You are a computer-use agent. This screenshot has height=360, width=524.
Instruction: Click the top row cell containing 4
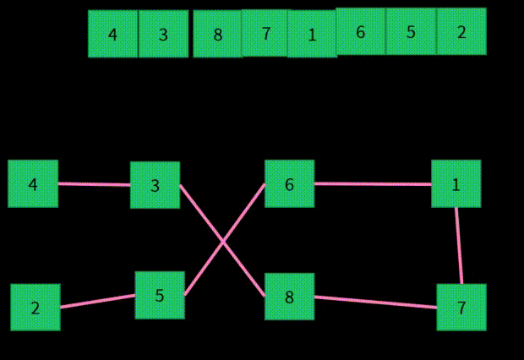(112, 35)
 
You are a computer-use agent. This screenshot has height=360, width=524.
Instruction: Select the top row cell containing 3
(163, 35)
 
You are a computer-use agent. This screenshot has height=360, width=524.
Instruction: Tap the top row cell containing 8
(217, 35)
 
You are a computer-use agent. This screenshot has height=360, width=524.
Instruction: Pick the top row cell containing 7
(265, 34)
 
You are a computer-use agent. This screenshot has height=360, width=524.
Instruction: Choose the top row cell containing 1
(312, 35)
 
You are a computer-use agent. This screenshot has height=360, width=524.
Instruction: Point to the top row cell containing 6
(361, 32)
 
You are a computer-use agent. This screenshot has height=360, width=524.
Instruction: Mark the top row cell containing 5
(411, 32)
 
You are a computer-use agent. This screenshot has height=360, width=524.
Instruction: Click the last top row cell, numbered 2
(461, 32)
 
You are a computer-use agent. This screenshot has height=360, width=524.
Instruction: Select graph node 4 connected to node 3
(33, 183)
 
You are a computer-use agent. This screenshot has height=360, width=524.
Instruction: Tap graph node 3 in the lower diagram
(155, 185)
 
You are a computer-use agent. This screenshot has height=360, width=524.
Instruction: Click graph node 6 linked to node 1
(289, 183)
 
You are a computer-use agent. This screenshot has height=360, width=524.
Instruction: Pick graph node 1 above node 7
(456, 183)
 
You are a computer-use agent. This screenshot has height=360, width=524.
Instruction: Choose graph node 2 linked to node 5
(35, 308)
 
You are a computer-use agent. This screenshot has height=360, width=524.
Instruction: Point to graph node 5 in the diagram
(160, 295)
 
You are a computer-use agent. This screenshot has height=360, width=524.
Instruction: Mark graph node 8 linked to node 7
(289, 297)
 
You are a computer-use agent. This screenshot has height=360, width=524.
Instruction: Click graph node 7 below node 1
(461, 308)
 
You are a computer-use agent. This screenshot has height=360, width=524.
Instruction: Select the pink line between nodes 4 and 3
(94, 184)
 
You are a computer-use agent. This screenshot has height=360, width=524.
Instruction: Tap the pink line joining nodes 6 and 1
(373, 183)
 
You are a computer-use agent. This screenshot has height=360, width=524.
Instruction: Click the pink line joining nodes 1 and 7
(459, 245)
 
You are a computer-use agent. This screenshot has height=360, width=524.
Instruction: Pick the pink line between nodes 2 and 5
(97, 301)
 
